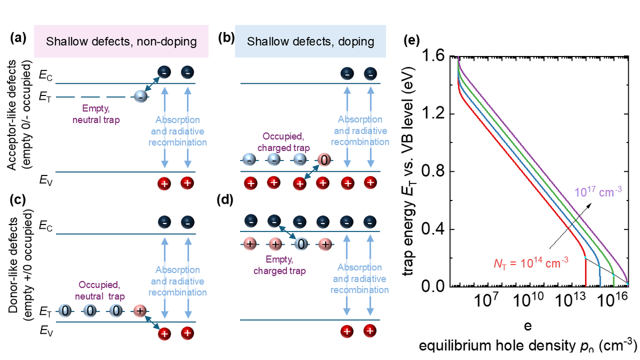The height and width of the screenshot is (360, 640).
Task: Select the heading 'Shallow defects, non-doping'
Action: click(x=121, y=41)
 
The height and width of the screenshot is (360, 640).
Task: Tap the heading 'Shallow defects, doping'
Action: click(x=310, y=41)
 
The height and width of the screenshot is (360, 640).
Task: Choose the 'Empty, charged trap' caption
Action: click(x=288, y=266)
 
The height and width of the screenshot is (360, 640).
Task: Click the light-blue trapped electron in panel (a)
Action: click(x=140, y=97)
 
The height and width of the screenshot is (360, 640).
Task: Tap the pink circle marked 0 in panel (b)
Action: click(x=324, y=159)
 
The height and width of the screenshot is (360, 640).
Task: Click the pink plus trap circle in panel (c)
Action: click(x=140, y=310)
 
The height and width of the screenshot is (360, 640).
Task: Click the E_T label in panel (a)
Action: click(x=45, y=98)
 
